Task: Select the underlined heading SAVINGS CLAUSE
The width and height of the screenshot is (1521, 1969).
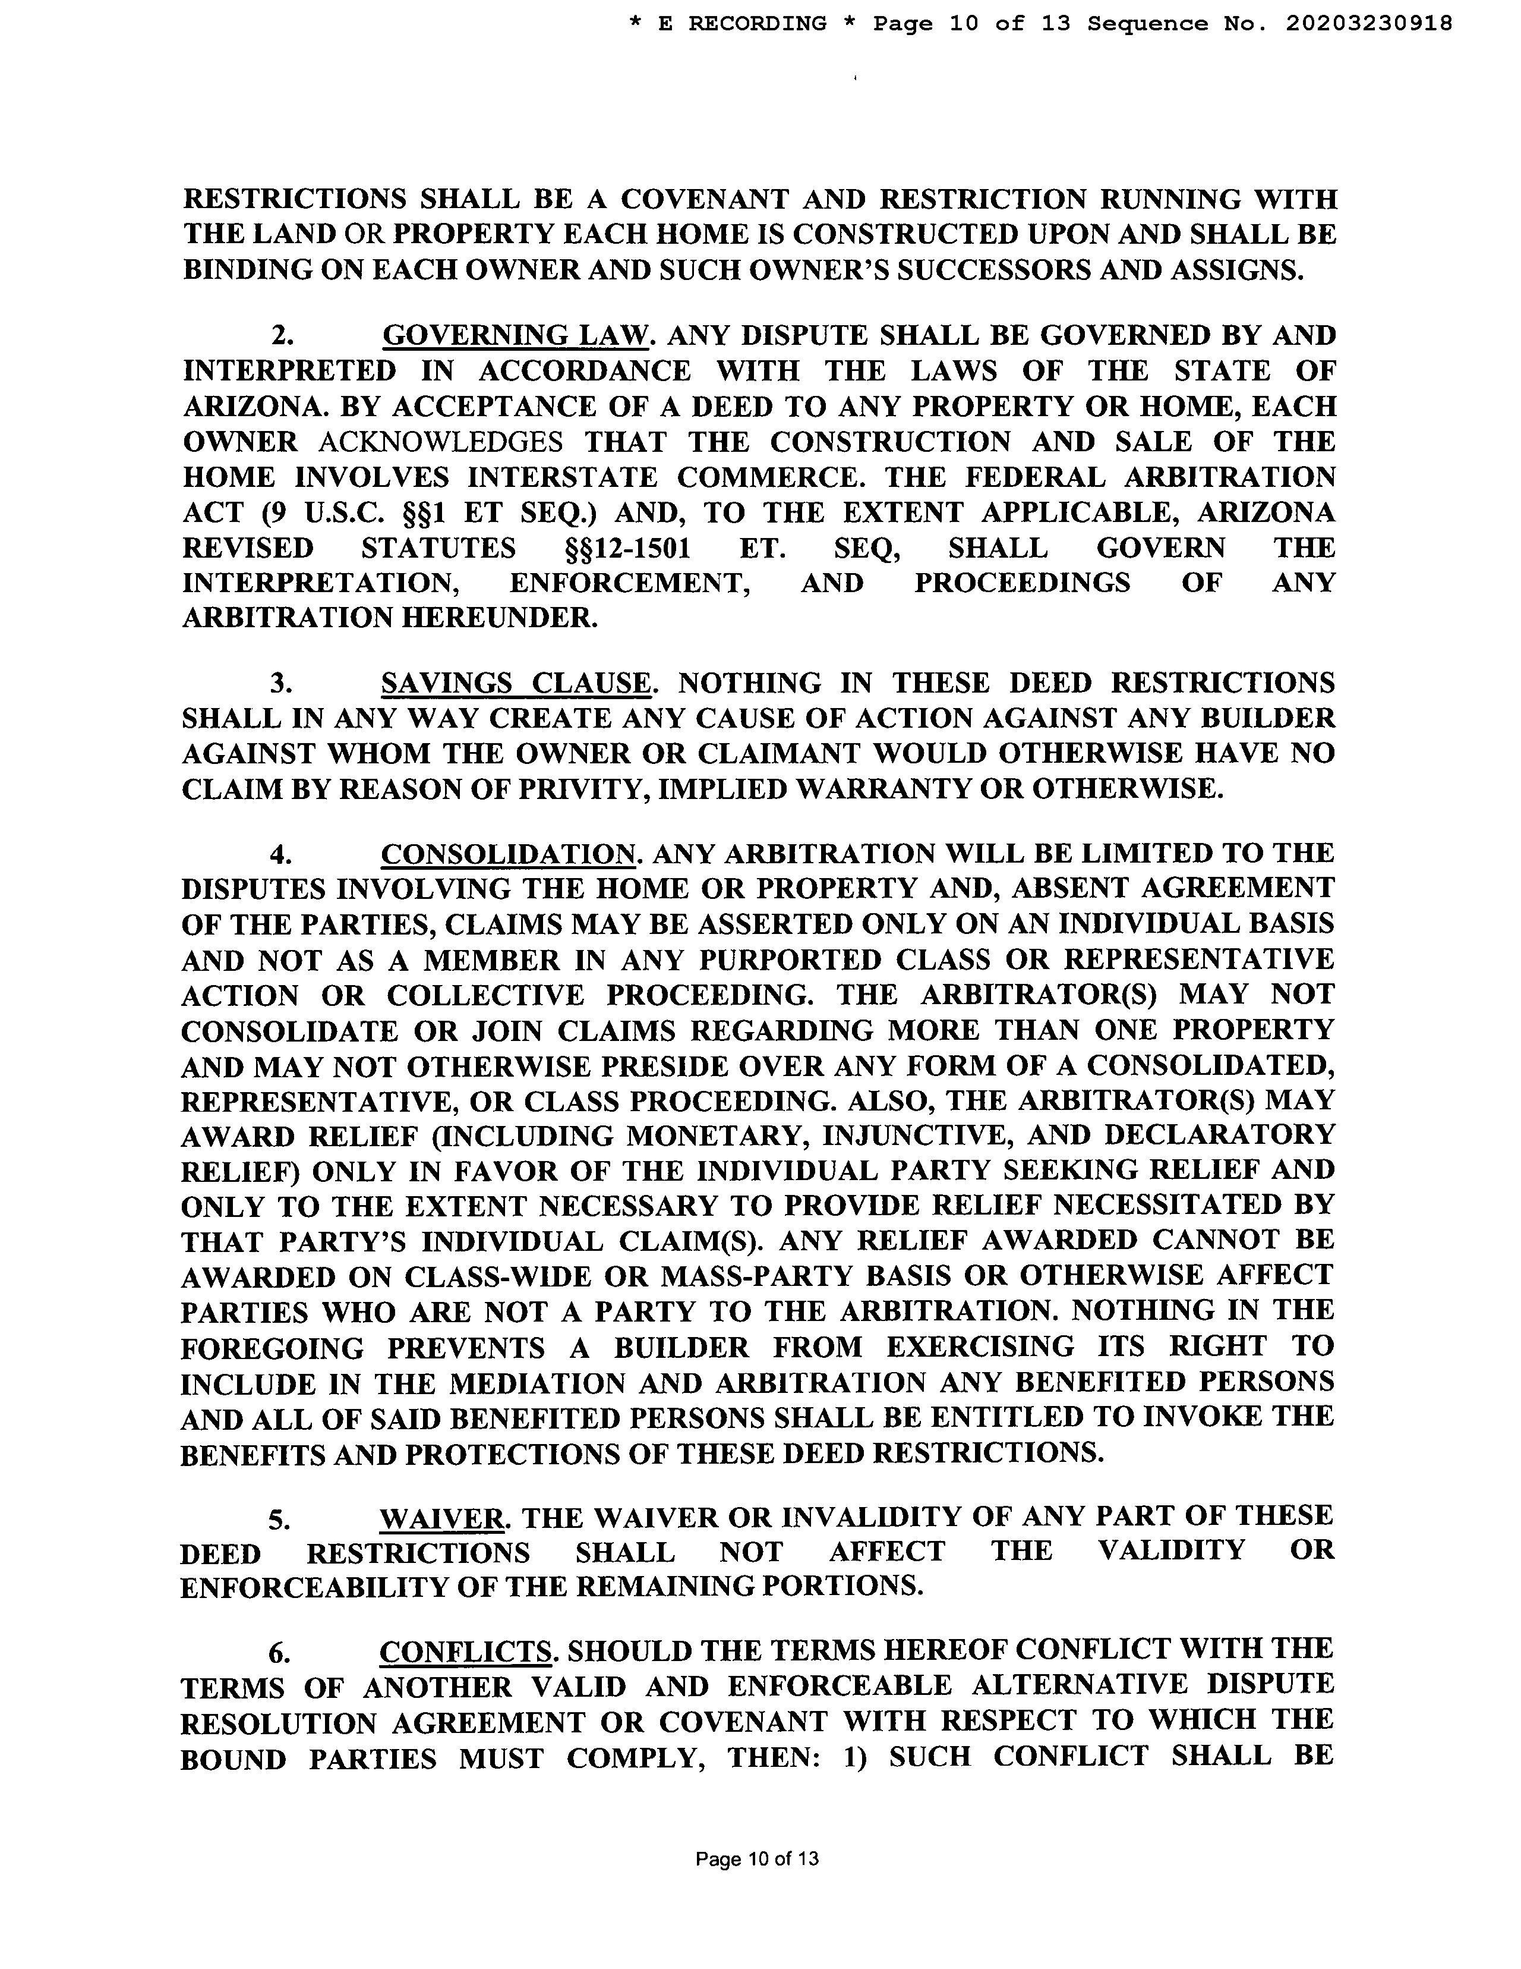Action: point(515,682)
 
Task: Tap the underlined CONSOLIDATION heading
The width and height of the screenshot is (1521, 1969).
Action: point(508,853)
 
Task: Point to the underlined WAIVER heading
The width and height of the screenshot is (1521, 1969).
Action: point(441,1517)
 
